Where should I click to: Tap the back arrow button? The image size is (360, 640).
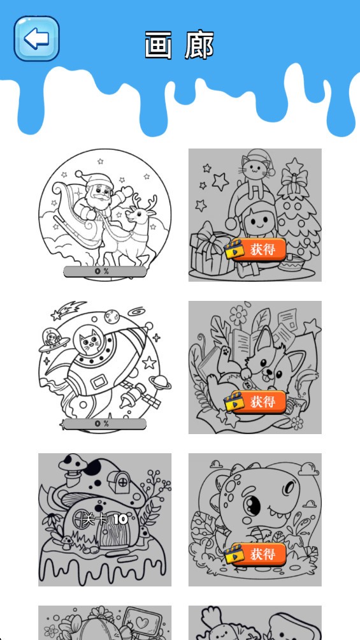pyautogui.click(x=37, y=39)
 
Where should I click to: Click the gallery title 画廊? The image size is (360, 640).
pyautogui.click(x=179, y=45)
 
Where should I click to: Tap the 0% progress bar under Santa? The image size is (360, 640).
pyautogui.click(x=105, y=272)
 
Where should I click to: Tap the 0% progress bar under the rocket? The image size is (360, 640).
pyautogui.click(x=105, y=424)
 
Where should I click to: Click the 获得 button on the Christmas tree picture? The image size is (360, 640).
pyautogui.click(x=255, y=249)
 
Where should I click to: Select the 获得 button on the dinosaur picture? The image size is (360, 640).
pyautogui.click(x=255, y=554)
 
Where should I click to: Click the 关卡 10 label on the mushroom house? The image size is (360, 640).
pyautogui.click(x=105, y=519)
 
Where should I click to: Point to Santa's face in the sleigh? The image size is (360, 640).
pyautogui.click(x=100, y=191)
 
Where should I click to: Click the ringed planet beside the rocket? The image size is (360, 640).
pyautogui.click(x=160, y=382)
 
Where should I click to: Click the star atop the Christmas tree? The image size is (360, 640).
pyautogui.click(x=294, y=165)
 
